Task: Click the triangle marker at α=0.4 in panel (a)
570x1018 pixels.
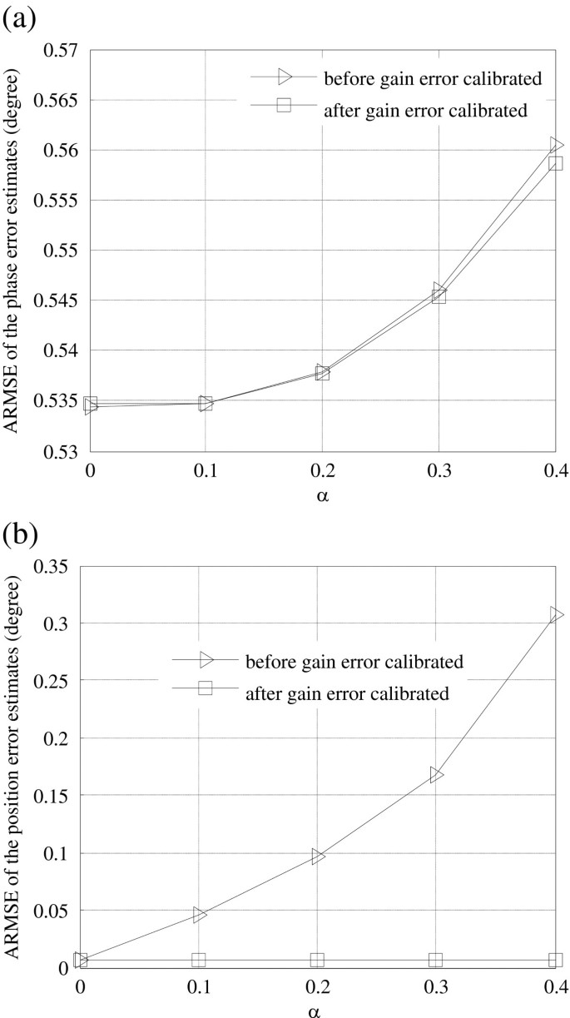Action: (x=556, y=145)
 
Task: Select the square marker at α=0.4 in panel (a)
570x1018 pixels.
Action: (x=555, y=163)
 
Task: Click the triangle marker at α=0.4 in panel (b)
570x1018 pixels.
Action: (x=556, y=615)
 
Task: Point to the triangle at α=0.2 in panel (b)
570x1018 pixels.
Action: (x=318, y=857)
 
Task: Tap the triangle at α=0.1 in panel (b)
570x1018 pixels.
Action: (x=200, y=915)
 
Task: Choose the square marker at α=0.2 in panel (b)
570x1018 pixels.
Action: (x=317, y=960)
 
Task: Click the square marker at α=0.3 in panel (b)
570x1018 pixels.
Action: (x=436, y=960)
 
